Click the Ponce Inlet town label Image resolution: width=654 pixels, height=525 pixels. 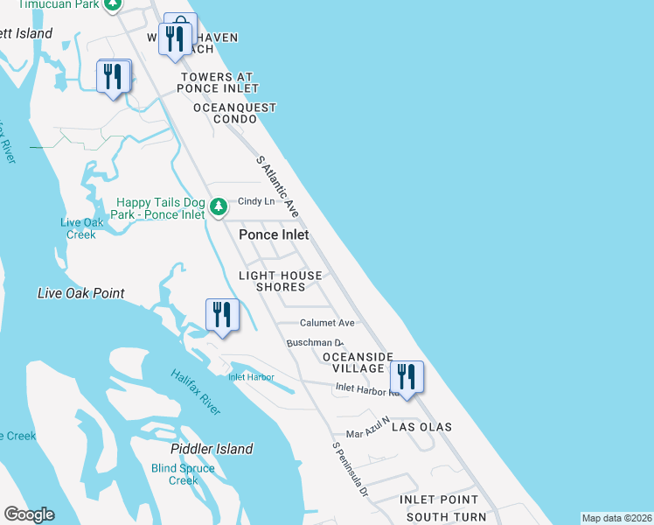[x=274, y=234]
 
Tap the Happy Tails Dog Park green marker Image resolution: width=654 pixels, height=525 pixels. [x=219, y=208]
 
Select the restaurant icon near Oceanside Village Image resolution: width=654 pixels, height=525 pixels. [x=407, y=378]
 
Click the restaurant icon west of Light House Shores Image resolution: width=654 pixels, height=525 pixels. [x=222, y=316]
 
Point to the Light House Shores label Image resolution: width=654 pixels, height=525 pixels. [x=281, y=281]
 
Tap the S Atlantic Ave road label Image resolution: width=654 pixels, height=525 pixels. [x=278, y=186]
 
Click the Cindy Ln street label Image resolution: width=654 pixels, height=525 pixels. [x=256, y=201]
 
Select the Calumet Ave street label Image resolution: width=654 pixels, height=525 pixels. [x=328, y=323]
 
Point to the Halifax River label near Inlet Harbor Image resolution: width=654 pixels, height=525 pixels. [x=195, y=392]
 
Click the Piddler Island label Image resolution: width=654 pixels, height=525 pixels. [x=212, y=449]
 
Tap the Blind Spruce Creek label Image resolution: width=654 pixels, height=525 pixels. [x=183, y=474]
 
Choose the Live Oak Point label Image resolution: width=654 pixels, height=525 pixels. [x=81, y=293]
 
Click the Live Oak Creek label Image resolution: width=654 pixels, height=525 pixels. [x=78, y=228]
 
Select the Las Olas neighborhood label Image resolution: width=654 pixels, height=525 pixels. [x=421, y=427]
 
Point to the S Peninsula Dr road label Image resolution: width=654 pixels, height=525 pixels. [x=350, y=470]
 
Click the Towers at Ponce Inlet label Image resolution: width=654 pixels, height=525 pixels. [x=219, y=82]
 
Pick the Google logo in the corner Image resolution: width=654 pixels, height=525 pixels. [x=29, y=514]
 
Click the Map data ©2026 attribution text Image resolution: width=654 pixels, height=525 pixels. [x=616, y=518]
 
